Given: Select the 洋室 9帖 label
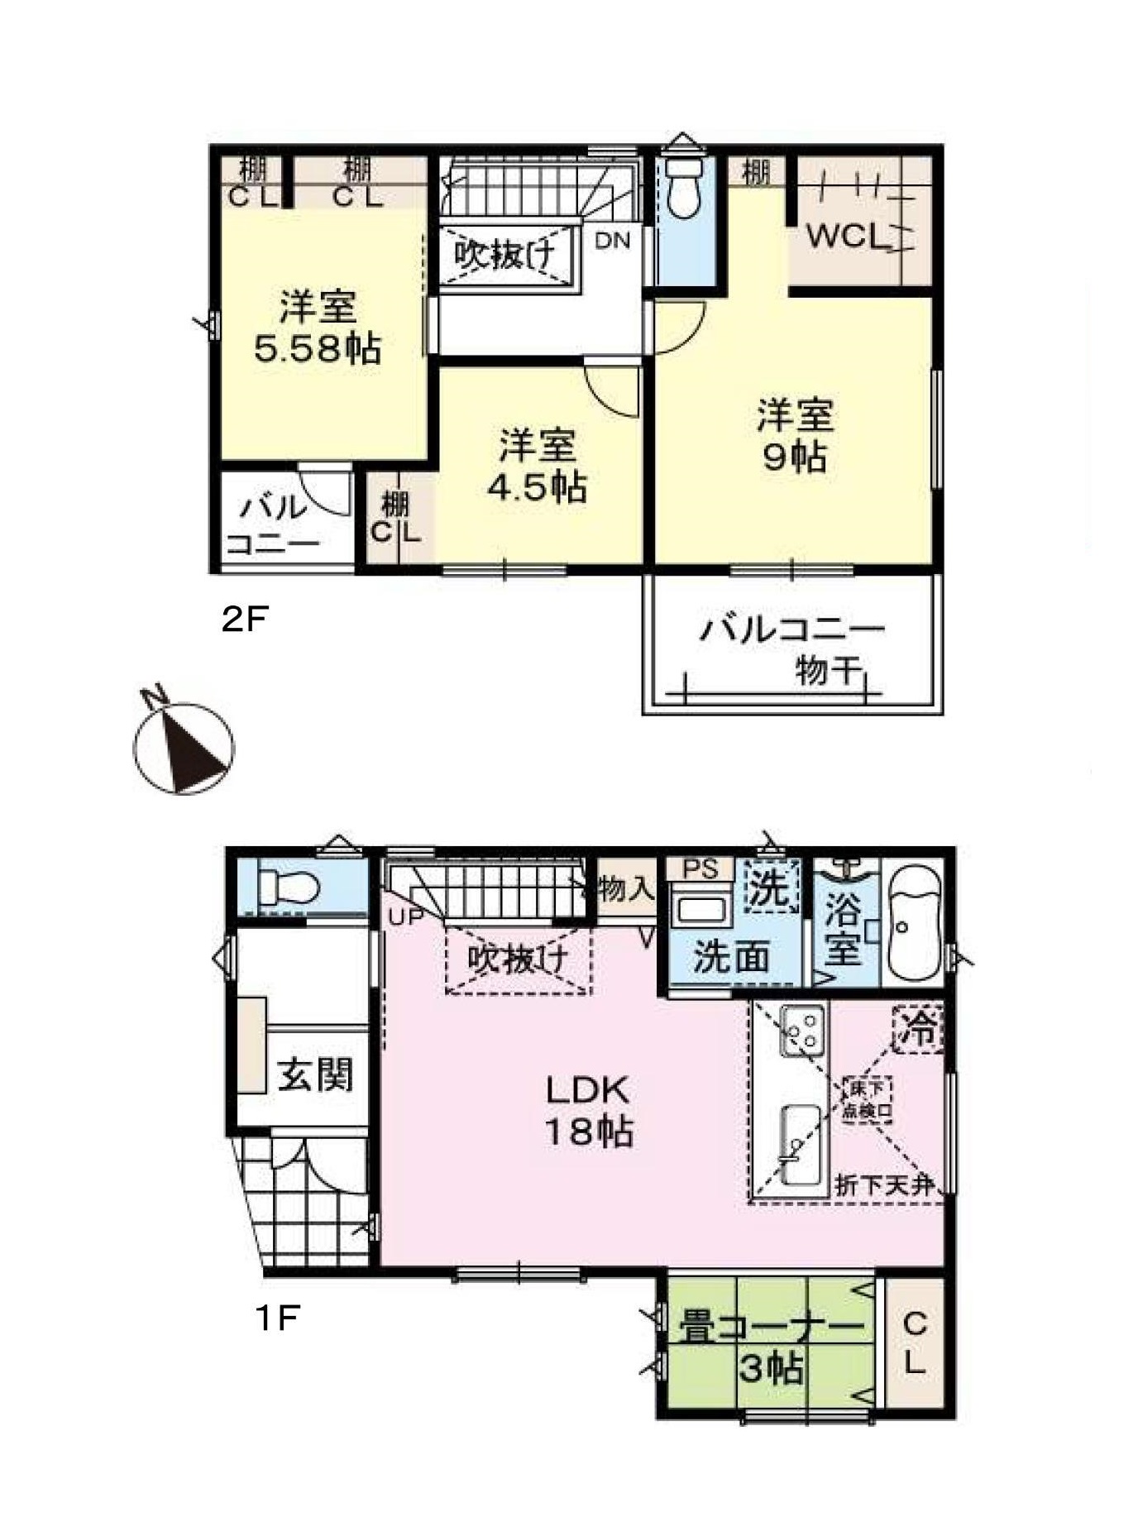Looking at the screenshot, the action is tap(795, 435).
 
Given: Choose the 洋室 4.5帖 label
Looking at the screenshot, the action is tap(537, 467).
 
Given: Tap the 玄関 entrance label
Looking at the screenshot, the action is tap(315, 1074).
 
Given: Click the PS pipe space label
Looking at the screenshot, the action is tap(700, 869).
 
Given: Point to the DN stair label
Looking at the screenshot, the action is tap(613, 242).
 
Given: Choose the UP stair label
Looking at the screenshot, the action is tap(407, 916).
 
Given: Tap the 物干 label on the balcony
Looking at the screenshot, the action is tap(825, 670).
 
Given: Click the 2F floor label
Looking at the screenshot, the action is tap(246, 619).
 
